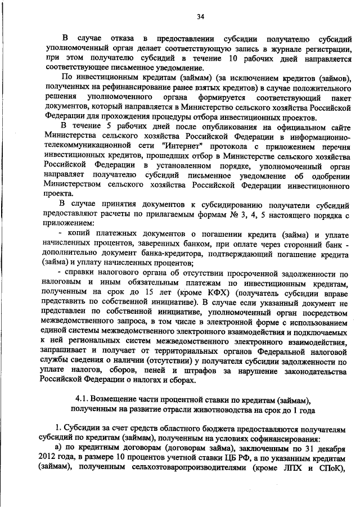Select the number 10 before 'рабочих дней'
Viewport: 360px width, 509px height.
pyautogui.click(x=233, y=57)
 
